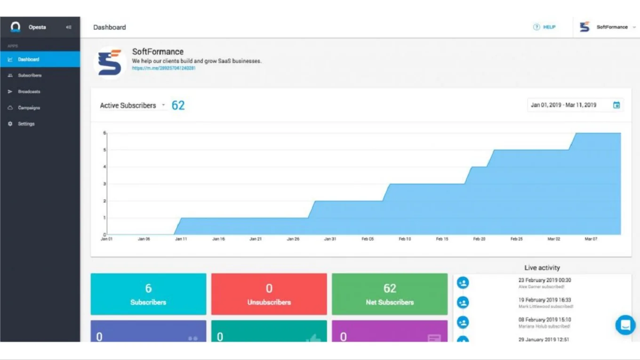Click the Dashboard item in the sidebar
click(x=29, y=59)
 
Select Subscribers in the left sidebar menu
click(x=30, y=75)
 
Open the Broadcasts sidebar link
click(x=29, y=92)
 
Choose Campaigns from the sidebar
click(x=29, y=108)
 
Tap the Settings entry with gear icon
click(x=26, y=124)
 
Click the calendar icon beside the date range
click(x=616, y=105)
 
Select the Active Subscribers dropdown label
click(x=128, y=105)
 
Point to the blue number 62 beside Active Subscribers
click(x=178, y=105)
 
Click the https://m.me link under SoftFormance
click(x=163, y=68)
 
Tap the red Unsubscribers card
click(x=269, y=294)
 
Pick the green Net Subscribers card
click(x=390, y=294)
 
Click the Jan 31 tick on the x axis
click(x=330, y=239)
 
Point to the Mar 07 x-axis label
click(x=591, y=239)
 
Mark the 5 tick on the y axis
click(x=104, y=150)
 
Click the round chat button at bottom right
click(x=625, y=325)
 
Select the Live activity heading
click(x=542, y=268)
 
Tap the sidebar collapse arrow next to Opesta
click(x=69, y=27)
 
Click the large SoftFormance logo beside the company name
click(x=110, y=62)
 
